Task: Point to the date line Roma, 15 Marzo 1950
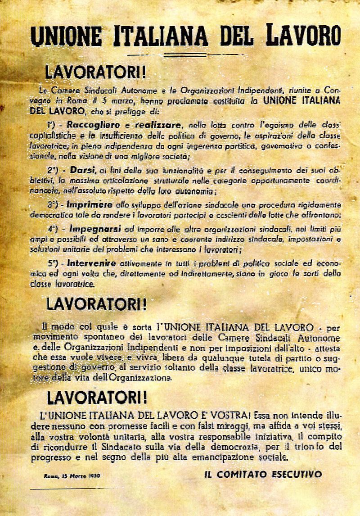tap(72, 475)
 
